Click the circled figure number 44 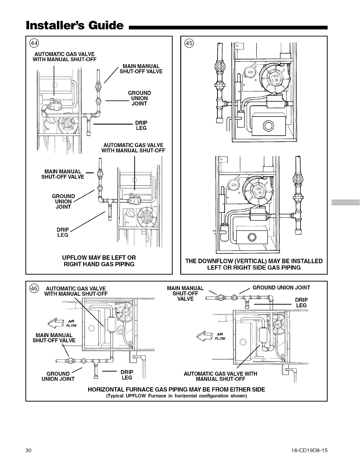pos(34,43)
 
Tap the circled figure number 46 pos(34,288)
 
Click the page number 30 pos(29,450)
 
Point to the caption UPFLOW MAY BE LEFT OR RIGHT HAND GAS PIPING pos(99,261)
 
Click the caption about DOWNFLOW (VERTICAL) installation pos(254,264)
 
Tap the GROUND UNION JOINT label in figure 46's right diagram pos(281,287)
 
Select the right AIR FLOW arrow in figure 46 pos(206,336)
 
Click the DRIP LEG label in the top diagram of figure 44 pos(141,125)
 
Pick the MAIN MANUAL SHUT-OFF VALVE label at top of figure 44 pos(141,69)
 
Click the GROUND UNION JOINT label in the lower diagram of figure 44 pos(64,202)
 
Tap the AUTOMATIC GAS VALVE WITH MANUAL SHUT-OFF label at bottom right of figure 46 pos(220,376)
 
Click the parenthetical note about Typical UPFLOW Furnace pos(176,396)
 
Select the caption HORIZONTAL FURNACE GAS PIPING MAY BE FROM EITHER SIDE pos(176,390)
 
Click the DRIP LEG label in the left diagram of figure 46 pos(127,375)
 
